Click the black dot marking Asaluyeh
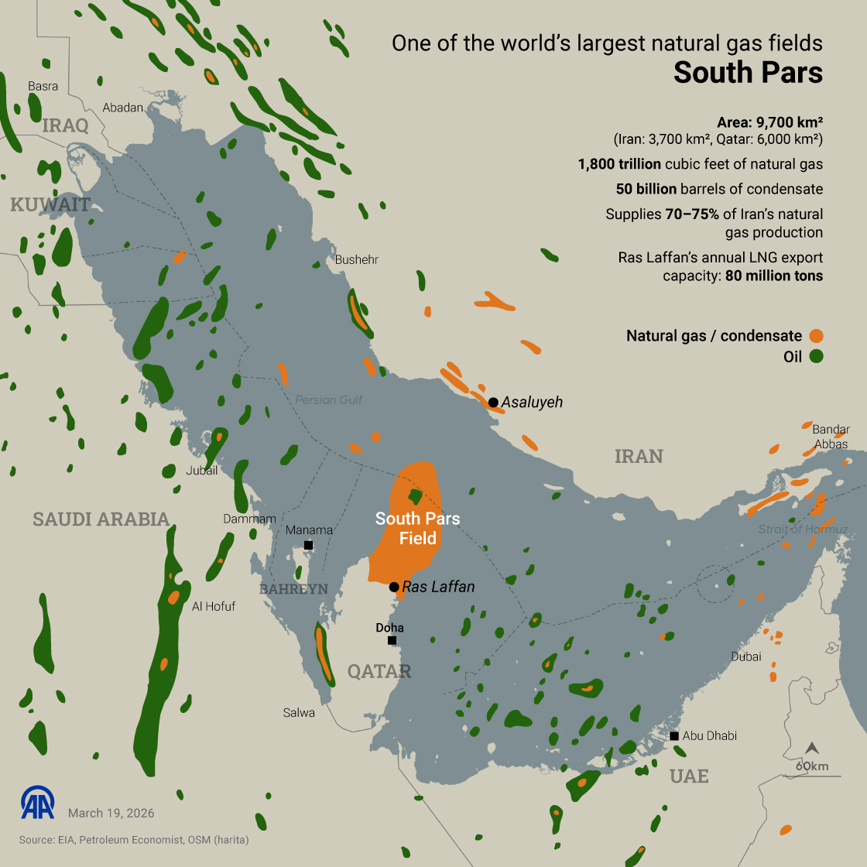[493, 403]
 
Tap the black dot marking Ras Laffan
[394, 587]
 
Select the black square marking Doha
[392, 640]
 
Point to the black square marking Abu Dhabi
[675, 735]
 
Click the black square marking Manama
[308, 545]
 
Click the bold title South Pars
[747, 73]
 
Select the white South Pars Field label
[417, 528]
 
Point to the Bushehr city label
[356, 260]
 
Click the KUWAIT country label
[50, 205]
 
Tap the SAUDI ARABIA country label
[101, 519]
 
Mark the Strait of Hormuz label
[803, 529]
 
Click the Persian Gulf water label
[328, 400]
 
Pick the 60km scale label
[812, 766]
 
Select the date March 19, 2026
[111, 813]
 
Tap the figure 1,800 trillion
[619, 164]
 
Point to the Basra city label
[43, 86]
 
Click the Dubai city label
[746, 656]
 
